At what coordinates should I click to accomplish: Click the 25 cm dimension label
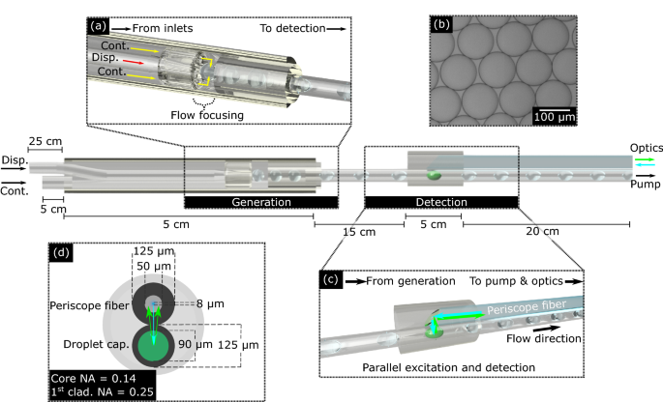point(44,142)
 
